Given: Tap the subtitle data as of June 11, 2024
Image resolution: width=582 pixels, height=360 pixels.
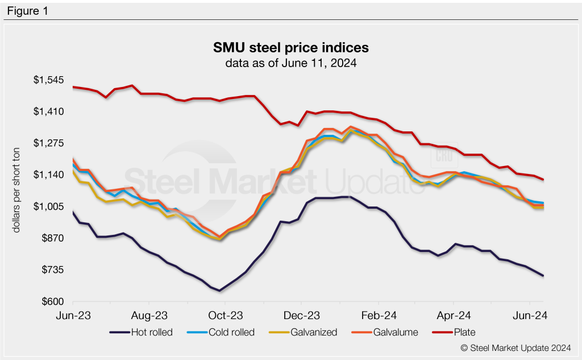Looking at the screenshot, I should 290,63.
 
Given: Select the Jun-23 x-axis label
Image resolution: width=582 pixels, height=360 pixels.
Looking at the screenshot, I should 73,315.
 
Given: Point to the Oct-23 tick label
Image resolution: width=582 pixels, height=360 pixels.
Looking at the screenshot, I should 226,315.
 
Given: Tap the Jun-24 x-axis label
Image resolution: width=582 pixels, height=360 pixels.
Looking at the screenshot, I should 530,315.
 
